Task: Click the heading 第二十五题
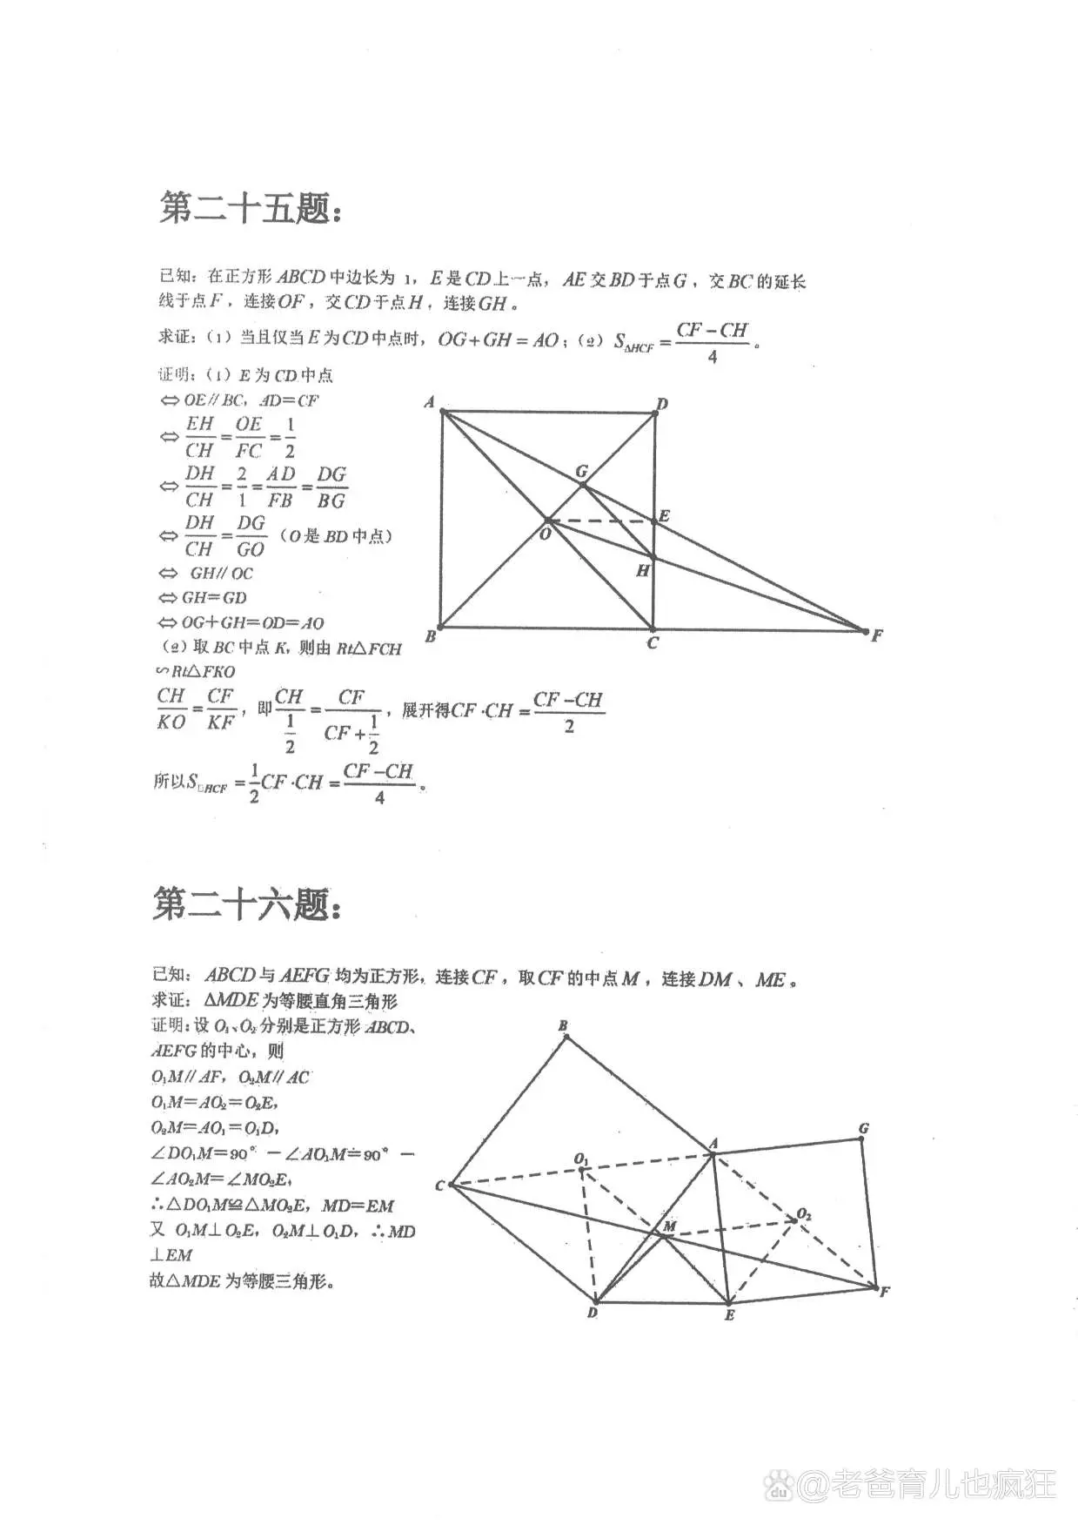point(250,209)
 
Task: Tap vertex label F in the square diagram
point(877,636)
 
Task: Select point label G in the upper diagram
point(582,471)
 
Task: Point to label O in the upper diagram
point(546,534)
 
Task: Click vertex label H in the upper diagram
point(643,571)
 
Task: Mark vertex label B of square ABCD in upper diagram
point(431,637)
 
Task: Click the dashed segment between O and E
point(600,522)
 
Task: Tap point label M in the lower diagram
point(669,1226)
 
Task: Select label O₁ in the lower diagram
point(581,1159)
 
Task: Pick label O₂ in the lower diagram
point(804,1214)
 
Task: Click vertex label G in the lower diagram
point(864,1129)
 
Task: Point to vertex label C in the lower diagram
point(440,1186)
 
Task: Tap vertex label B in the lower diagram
point(563,1026)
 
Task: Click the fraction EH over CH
point(199,437)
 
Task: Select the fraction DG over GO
point(251,535)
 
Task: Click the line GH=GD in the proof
point(213,598)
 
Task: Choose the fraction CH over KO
point(171,709)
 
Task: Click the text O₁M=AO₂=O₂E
point(214,1102)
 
